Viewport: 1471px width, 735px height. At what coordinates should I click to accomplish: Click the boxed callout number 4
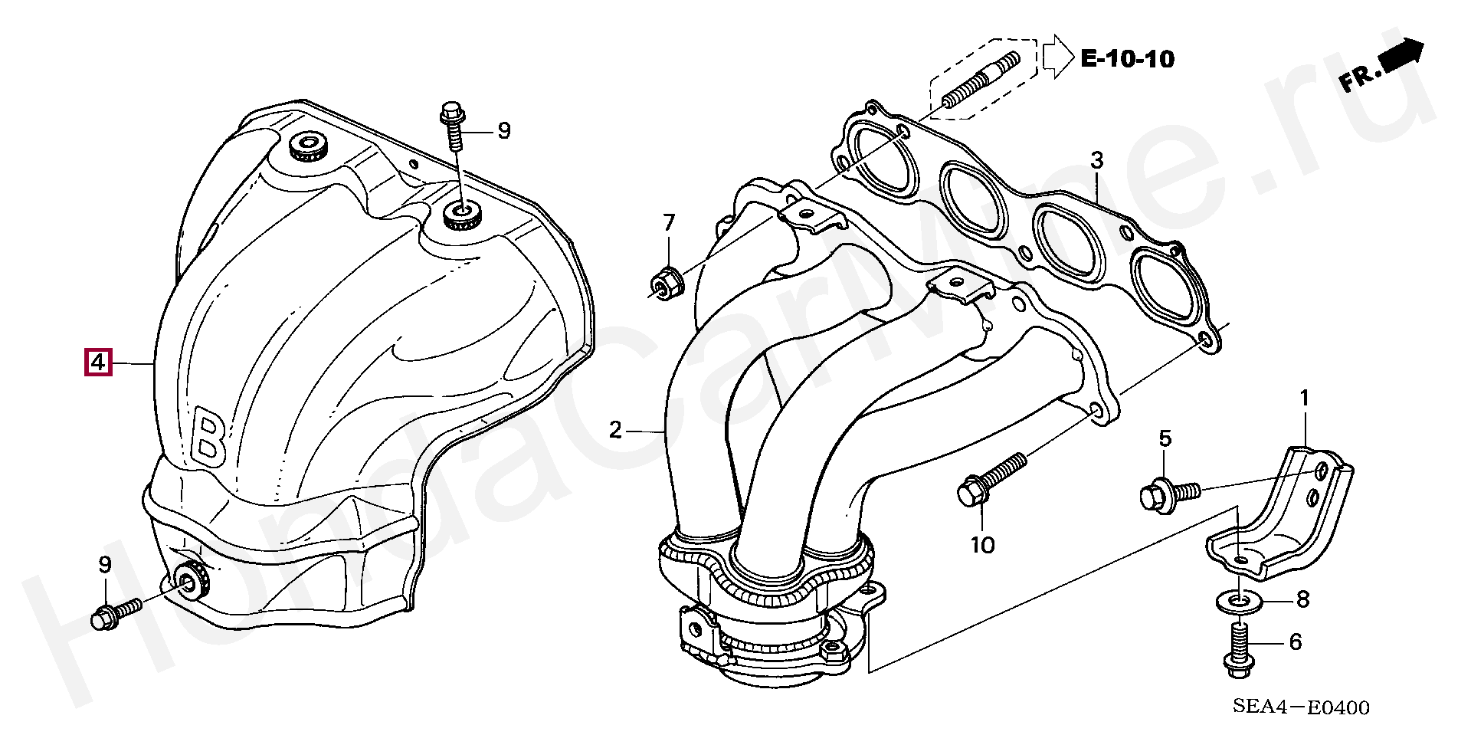point(98,362)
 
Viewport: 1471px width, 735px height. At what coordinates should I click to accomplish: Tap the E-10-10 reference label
point(1127,59)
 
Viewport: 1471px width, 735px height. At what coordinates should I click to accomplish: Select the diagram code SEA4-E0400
point(1300,707)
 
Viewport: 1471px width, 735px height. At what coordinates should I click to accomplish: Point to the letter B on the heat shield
point(208,438)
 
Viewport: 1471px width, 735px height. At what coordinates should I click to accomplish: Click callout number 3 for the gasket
point(1097,161)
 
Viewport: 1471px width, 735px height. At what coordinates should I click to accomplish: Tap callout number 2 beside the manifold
point(615,430)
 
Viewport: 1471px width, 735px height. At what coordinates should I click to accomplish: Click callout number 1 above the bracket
point(1304,398)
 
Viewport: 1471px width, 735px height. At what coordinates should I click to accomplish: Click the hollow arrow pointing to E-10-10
point(1058,56)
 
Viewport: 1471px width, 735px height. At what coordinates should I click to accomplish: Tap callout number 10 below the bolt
point(982,545)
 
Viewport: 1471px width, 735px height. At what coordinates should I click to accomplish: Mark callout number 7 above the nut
point(669,223)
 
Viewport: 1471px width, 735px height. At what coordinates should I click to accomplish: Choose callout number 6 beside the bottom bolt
point(1295,641)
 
